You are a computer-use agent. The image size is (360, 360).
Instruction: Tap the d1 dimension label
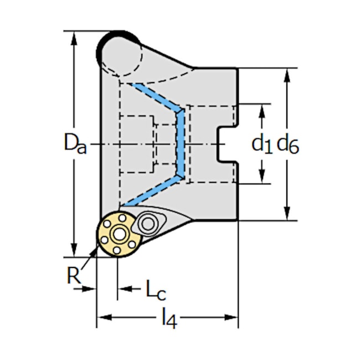262,144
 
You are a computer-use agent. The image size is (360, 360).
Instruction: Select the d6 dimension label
287,145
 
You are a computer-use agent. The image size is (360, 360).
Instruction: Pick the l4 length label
169,319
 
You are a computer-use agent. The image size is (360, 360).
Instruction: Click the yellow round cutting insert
117,234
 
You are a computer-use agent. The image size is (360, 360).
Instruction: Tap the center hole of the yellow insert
117,234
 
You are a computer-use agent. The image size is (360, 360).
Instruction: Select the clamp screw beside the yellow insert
148,223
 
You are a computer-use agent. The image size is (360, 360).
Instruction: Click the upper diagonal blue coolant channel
158,97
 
